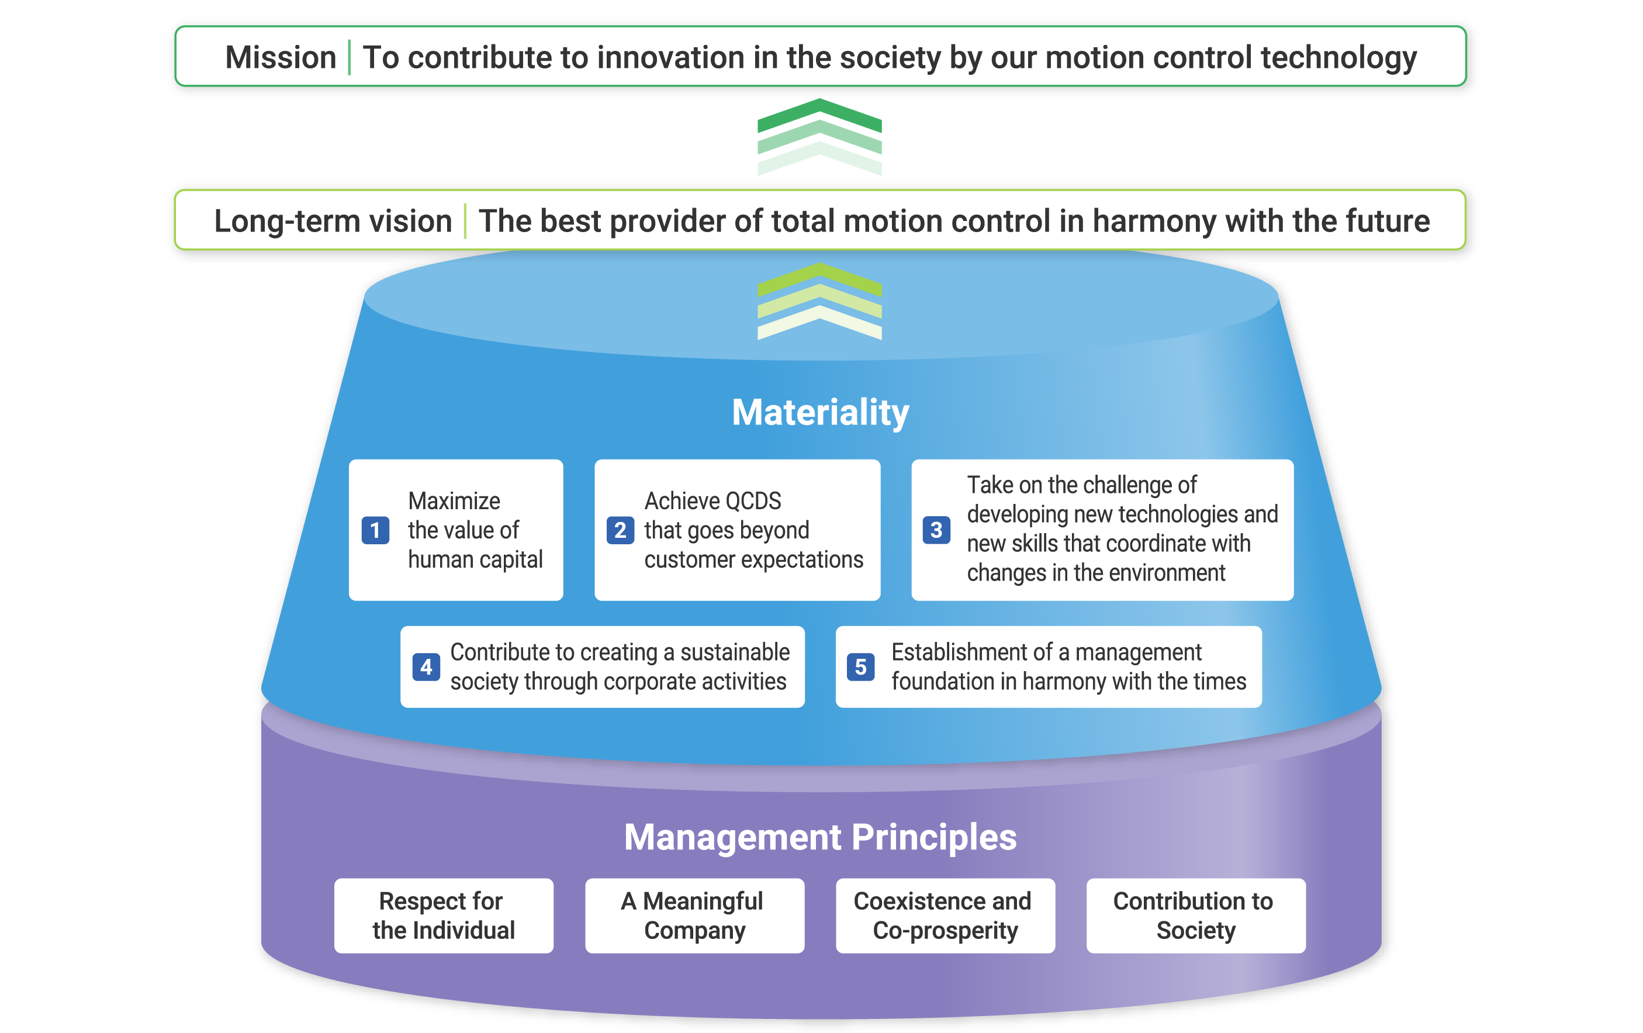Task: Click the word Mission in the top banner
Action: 281,57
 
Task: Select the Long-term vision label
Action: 333,221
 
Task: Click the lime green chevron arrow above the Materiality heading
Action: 819,278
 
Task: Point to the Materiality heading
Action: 820,412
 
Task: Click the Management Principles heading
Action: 820,837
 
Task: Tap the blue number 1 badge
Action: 375,530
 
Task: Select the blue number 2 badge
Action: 620,530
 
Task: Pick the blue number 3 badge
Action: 937,530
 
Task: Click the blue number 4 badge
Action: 427,666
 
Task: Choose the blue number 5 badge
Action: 861,666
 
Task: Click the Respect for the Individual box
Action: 444,915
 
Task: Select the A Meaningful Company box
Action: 694,915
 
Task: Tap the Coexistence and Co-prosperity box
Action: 946,915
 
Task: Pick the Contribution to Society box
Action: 1196,915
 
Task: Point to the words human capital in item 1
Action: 476,560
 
